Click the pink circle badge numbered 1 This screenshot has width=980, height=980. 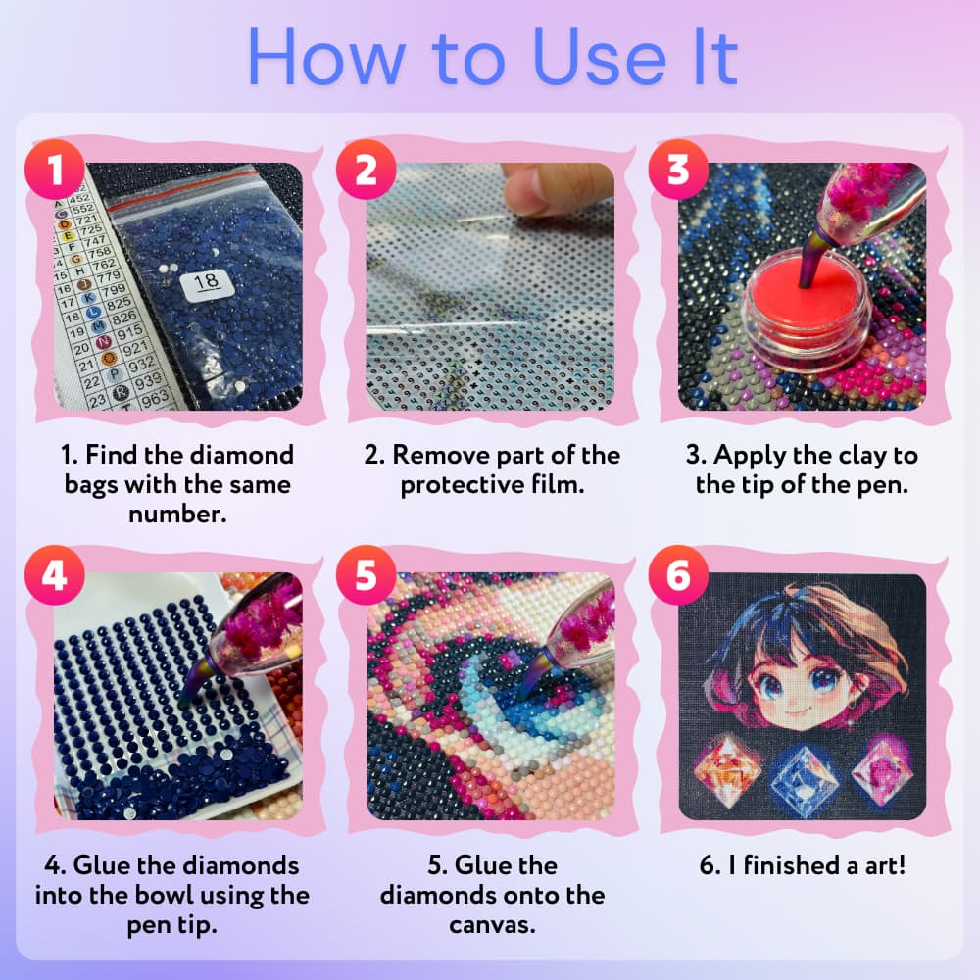pyautogui.click(x=55, y=170)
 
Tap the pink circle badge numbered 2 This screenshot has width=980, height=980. pyautogui.click(x=367, y=170)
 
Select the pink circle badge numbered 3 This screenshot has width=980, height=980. pyautogui.click(x=678, y=170)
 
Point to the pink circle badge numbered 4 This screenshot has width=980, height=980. pyautogui.click(x=55, y=575)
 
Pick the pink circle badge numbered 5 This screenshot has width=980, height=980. pyautogui.click(x=367, y=575)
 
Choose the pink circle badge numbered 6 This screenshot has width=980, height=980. pyautogui.click(x=678, y=575)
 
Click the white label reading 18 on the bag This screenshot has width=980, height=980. pyautogui.click(x=207, y=284)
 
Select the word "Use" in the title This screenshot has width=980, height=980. pyautogui.click(x=600, y=58)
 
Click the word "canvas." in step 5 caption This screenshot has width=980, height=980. pyautogui.click(x=492, y=925)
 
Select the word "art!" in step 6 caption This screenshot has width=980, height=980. pyautogui.click(x=884, y=865)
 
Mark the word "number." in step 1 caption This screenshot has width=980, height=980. pyautogui.click(x=177, y=514)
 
